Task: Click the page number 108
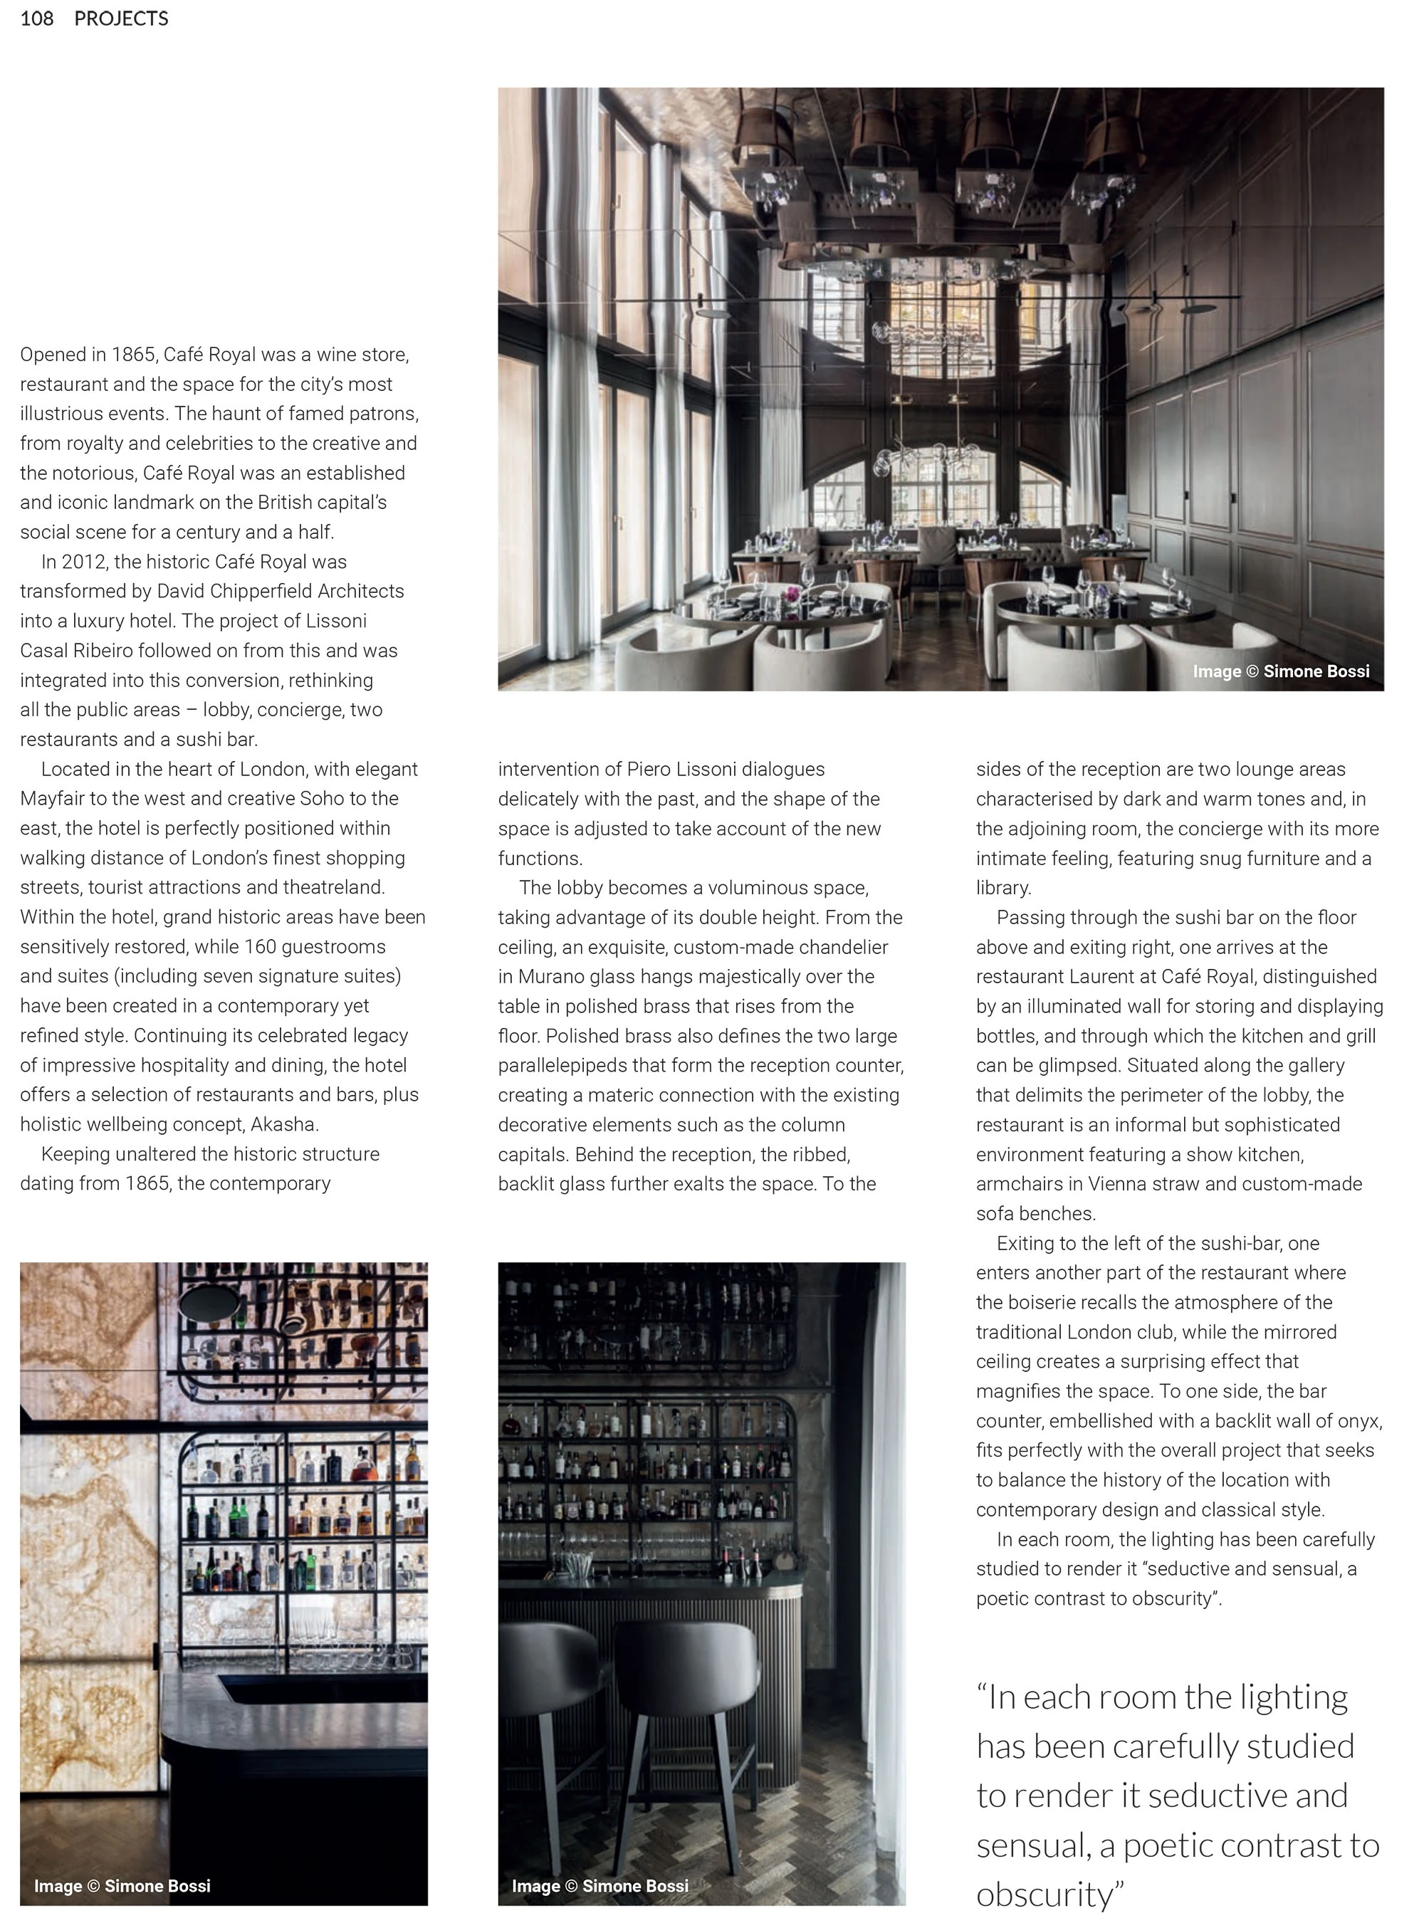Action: pos(36,18)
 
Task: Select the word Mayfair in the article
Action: pos(52,798)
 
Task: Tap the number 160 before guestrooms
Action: pos(259,946)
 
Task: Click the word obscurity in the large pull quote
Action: pos(1045,1894)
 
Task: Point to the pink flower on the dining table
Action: pos(791,594)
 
